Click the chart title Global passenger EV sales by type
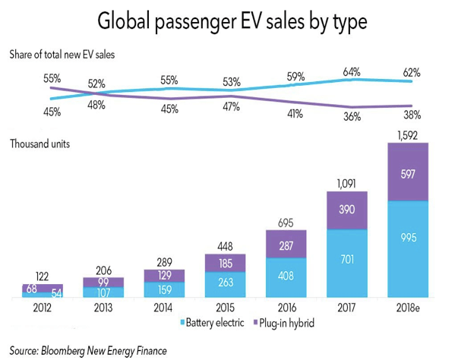point(229,21)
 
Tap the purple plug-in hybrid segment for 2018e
point(408,172)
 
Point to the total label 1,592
point(408,135)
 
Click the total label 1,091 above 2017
point(345,184)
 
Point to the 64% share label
point(350,72)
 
